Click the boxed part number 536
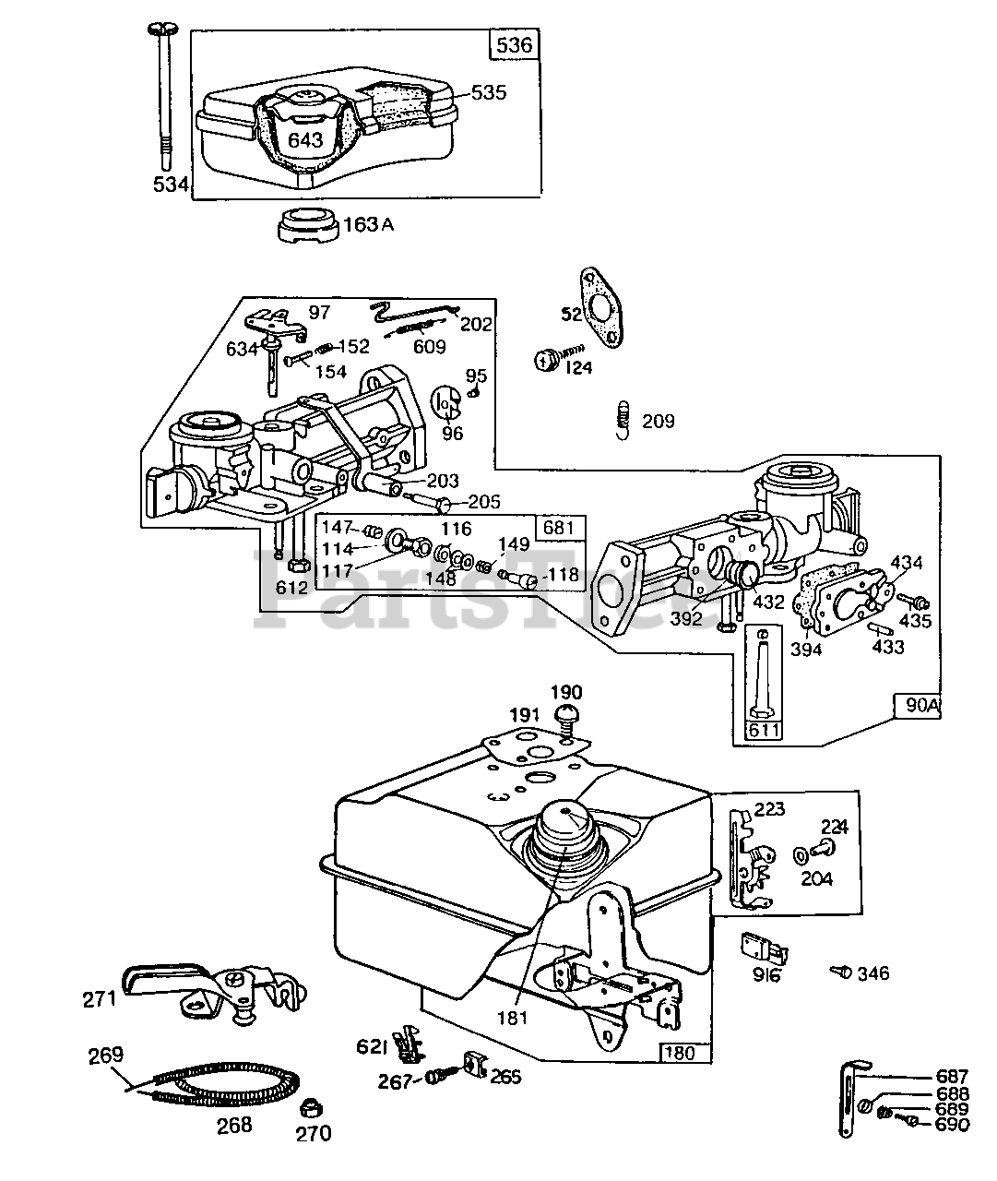(x=515, y=44)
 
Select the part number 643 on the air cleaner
(x=305, y=139)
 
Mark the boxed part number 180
(x=684, y=1052)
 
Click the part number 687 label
(x=951, y=1077)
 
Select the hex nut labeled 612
(x=297, y=565)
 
